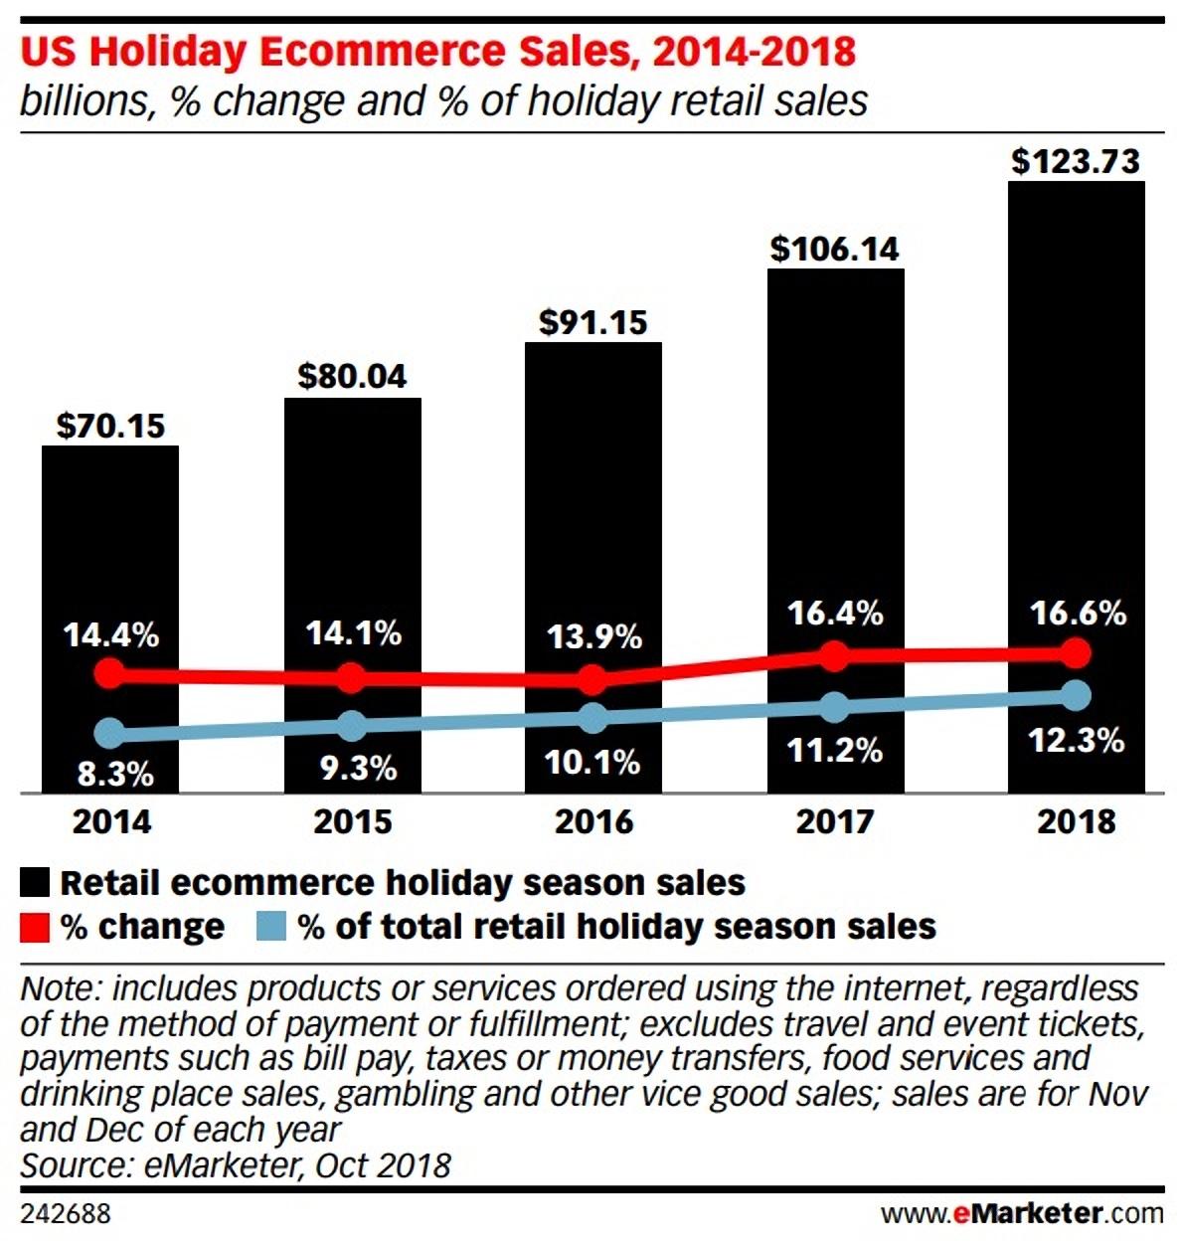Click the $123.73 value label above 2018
[x=1076, y=161]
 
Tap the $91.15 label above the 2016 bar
[x=593, y=322]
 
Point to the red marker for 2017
[x=835, y=656]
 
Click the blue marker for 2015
[x=352, y=726]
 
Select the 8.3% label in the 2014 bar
[x=115, y=773]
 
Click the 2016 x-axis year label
[x=593, y=821]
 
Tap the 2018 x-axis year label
[x=1077, y=821]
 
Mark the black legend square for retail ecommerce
[x=35, y=882]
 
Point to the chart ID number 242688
[x=66, y=1214]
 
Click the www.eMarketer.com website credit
[x=1021, y=1214]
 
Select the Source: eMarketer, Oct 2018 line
[x=236, y=1164]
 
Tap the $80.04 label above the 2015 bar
[x=352, y=376]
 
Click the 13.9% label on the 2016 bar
[x=594, y=636]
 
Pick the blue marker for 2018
[x=1075, y=695]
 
